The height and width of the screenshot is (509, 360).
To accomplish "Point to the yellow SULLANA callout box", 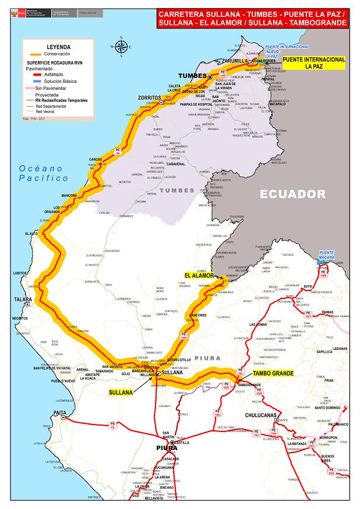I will (x=121, y=393).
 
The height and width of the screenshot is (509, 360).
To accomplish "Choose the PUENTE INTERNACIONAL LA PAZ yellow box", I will (x=313, y=63).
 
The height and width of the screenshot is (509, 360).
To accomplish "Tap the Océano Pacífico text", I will (x=44, y=173).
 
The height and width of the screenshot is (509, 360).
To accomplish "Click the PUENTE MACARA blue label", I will (x=327, y=255).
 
